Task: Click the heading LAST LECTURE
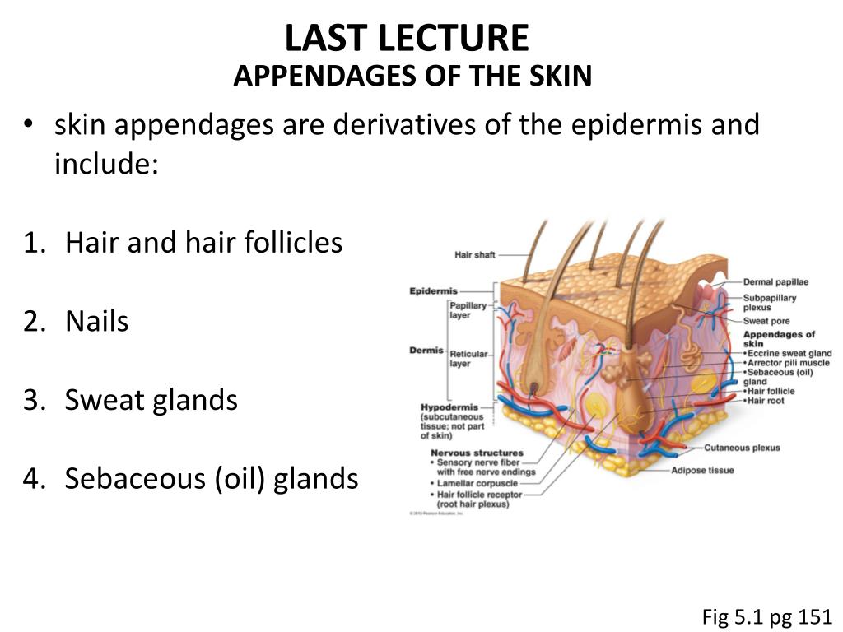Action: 407,39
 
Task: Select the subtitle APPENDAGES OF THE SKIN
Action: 412,77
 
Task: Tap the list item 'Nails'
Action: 97,321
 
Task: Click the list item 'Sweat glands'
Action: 151,400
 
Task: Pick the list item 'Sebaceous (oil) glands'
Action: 212,478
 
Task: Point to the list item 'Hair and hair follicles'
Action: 203,243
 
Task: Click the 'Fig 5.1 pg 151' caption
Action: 767,616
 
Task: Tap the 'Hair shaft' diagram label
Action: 475,255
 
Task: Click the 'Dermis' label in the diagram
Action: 426,351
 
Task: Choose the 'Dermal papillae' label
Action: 775,282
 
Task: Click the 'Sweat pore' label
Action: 766,321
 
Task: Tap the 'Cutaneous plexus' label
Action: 742,448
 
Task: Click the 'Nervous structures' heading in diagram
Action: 477,453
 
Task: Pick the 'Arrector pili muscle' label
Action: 789,363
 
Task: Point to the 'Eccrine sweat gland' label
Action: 789,353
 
